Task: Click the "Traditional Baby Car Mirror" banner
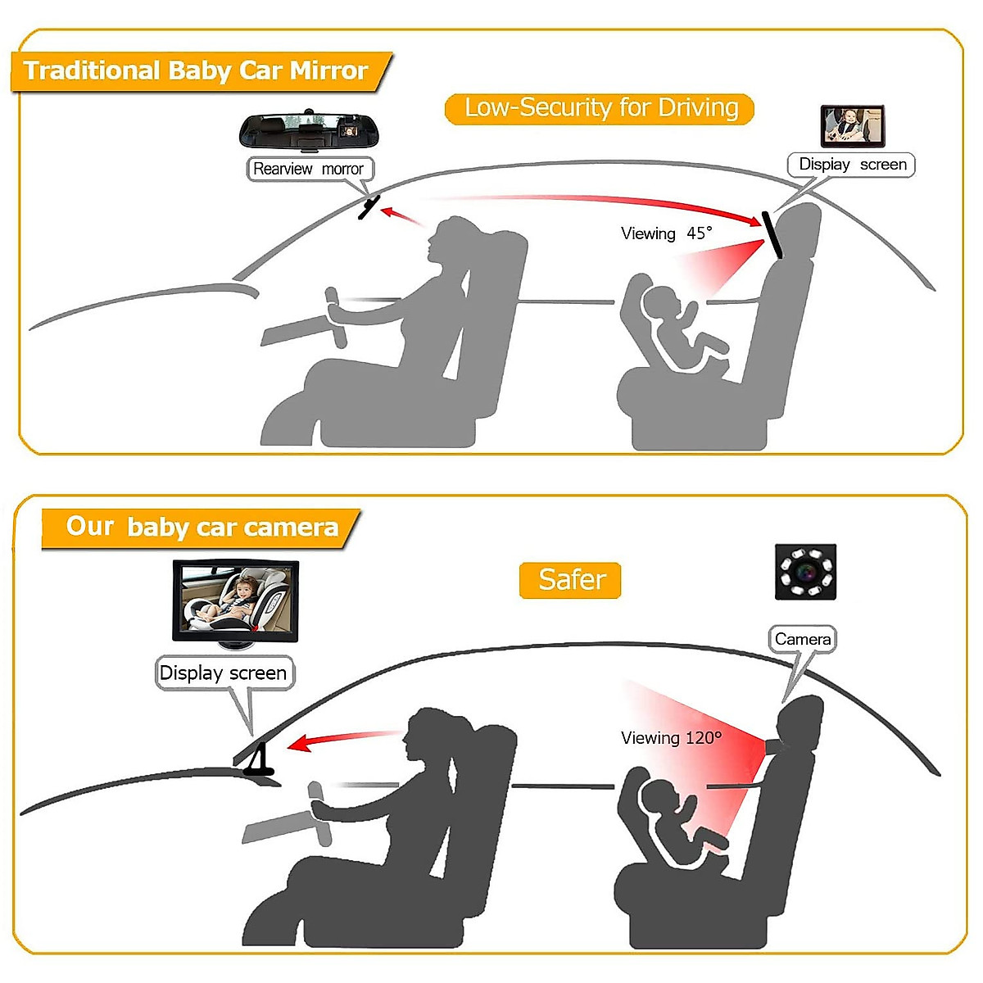click(x=197, y=70)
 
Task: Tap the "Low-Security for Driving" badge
click(x=600, y=108)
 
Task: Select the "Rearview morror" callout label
click(x=309, y=169)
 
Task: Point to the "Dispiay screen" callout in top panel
click(x=852, y=165)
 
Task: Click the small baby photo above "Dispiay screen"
click(x=852, y=125)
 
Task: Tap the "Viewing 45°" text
click(x=666, y=233)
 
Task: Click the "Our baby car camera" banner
click(x=202, y=527)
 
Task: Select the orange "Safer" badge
click(x=571, y=580)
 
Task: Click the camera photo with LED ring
click(x=805, y=570)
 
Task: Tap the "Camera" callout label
click(x=802, y=639)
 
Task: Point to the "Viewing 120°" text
click(x=671, y=738)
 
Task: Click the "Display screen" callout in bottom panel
click(x=223, y=673)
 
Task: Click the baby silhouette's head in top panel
click(x=660, y=302)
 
